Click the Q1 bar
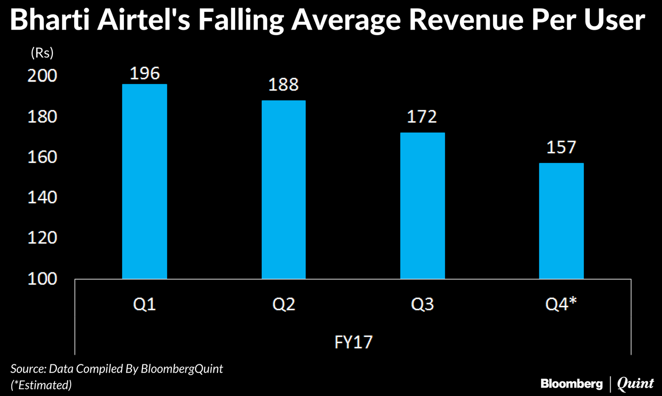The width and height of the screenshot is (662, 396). pos(144,182)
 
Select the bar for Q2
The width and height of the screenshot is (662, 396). pos(283,190)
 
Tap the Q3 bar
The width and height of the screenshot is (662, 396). pos(422,206)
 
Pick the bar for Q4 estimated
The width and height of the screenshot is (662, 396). pos(561,221)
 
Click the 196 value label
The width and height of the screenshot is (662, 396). pos(145,73)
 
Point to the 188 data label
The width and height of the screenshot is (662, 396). pos(284,85)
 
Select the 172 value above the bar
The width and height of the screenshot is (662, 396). pos(422,117)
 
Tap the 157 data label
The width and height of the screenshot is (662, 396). pos(561,148)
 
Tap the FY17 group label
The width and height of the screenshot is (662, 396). pos(352,342)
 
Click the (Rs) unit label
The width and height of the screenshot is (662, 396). pos(42,51)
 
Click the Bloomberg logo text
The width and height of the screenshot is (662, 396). pos(572,384)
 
